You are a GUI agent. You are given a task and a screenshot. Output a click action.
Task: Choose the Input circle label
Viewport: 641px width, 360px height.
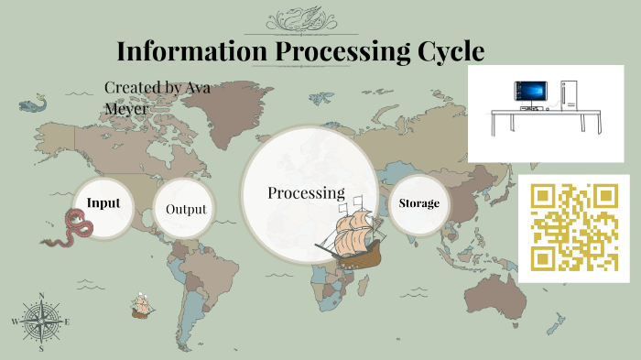103,202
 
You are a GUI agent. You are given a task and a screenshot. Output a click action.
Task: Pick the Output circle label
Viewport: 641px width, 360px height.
186,209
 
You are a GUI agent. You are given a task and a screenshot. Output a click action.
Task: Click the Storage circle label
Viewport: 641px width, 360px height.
419,202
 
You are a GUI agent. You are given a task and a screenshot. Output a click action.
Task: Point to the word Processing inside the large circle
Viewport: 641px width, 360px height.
306,193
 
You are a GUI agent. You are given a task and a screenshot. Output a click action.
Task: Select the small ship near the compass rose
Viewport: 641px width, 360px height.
140,306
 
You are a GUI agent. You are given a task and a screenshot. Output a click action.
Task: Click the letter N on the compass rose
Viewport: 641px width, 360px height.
41,296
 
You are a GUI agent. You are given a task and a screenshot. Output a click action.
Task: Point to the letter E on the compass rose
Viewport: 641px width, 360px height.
66,322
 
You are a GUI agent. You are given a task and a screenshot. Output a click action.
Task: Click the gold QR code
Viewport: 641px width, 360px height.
574,227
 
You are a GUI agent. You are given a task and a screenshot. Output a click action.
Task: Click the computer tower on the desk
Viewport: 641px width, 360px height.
567,92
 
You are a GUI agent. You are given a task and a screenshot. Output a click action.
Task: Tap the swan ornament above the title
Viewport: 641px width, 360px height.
308,18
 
